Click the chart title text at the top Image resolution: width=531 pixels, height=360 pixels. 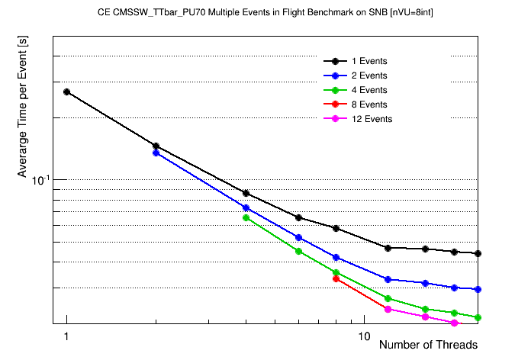pos(265,13)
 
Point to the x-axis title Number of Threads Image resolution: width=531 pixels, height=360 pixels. pos(428,345)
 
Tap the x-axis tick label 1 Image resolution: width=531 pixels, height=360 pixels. pos(67,336)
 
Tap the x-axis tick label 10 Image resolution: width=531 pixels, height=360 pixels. pos(364,336)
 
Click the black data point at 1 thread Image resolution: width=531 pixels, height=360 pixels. pos(67,92)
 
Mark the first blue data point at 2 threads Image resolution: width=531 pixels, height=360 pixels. pos(156,153)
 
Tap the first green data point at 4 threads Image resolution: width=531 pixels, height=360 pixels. pos(246,217)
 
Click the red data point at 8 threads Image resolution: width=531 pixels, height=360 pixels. pos(336,278)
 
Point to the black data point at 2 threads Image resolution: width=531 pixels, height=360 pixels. pos(156,146)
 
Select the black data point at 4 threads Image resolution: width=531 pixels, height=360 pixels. pos(246,193)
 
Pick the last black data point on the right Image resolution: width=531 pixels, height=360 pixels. pos(478,253)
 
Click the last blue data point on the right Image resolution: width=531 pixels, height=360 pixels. pos(478,289)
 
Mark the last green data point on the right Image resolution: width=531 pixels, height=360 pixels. pos(478,317)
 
